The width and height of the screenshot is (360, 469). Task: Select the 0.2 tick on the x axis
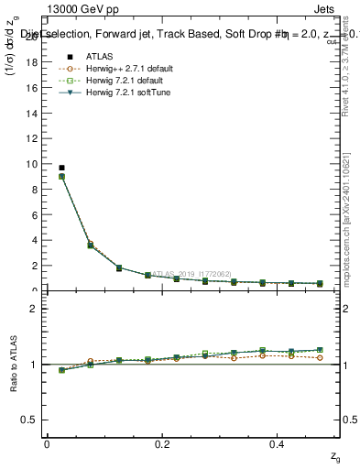click(x=162, y=443)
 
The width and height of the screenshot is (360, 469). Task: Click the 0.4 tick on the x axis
click(x=278, y=443)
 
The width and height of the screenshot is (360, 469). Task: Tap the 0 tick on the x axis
click(x=47, y=443)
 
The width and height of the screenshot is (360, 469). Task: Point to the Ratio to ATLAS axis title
click(x=13, y=364)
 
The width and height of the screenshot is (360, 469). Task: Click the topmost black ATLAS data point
click(x=61, y=168)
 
